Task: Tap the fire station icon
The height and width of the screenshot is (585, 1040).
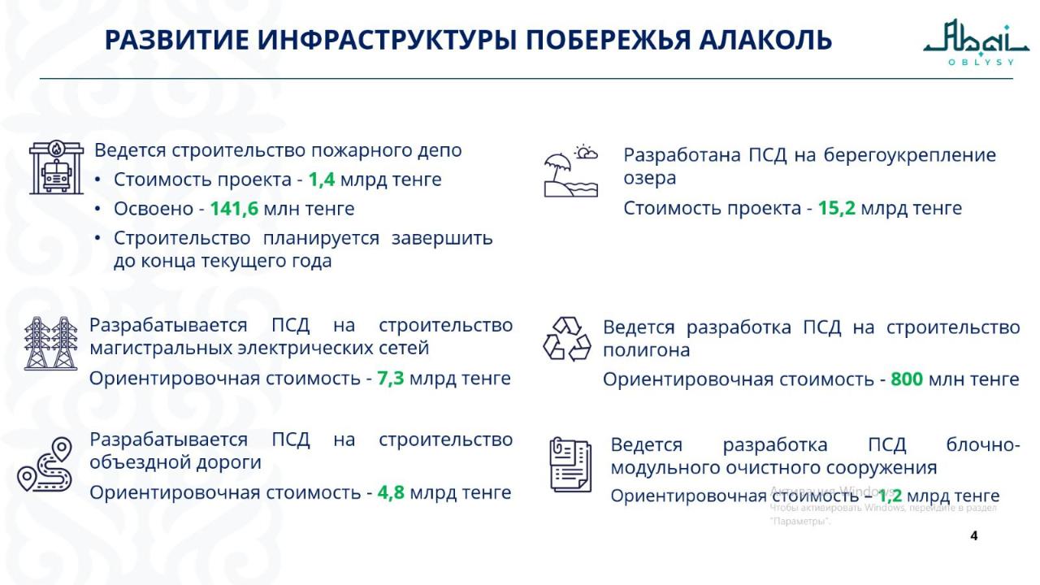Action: pyautogui.click(x=56, y=167)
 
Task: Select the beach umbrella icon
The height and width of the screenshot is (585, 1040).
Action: pyautogui.click(x=570, y=171)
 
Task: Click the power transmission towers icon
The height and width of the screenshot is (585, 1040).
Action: pyautogui.click(x=51, y=344)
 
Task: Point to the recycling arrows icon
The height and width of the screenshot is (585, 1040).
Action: pyautogui.click(x=567, y=340)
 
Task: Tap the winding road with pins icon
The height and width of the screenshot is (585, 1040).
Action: pyautogui.click(x=45, y=464)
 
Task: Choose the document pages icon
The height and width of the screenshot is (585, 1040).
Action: pyautogui.click(x=570, y=464)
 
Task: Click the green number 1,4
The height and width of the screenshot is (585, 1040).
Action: pyautogui.click(x=322, y=180)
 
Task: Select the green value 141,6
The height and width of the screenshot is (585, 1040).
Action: pyautogui.click(x=234, y=209)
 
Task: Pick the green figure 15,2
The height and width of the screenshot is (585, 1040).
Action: pyautogui.click(x=837, y=208)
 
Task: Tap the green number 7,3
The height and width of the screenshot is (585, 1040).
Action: pyautogui.click(x=391, y=379)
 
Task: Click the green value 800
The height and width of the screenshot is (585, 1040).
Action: pyautogui.click(x=907, y=379)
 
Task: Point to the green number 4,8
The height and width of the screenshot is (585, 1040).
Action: pyautogui.click(x=391, y=492)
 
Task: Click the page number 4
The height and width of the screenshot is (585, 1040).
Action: pyautogui.click(x=974, y=535)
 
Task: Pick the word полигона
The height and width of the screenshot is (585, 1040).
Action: pyautogui.click(x=646, y=350)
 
